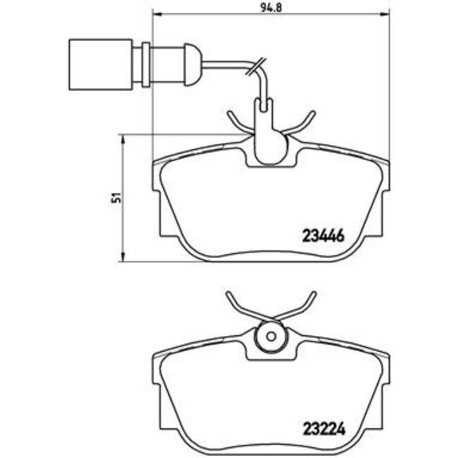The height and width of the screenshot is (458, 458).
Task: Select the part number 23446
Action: pos(321,237)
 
